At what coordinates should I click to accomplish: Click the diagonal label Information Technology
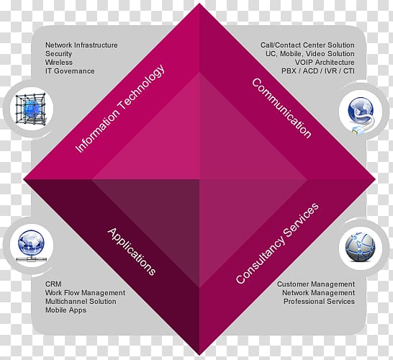click(x=120, y=109)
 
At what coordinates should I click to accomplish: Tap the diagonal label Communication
click(x=281, y=108)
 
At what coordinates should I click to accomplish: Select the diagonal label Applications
click(x=132, y=251)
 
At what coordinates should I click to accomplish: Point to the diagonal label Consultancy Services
click(x=277, y=243)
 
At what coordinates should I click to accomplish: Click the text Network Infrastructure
click(x=81, y=45)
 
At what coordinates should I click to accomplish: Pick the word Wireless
click(x=59, y=63)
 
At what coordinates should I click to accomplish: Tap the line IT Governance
click(x=70, y=71)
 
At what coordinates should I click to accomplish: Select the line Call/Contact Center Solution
click(x=307, y=45)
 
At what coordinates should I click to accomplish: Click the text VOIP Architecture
click(x=325, y=63)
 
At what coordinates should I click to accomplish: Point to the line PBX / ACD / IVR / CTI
click(x=318, y=71)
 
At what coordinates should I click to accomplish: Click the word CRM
click(x=53, y=284)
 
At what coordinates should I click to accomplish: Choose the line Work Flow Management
click(x=85, y=293)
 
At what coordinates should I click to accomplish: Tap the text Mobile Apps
click(x=65, y=310)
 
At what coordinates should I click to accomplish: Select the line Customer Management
click(x=316, y=284)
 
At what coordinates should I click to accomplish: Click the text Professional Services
click(x=319, y=302)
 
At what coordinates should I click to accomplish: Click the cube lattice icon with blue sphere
click(x=31, y=109)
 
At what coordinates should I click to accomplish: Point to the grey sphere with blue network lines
click(x=360, y=247)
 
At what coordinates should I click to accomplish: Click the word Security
click(x=58, y=54)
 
